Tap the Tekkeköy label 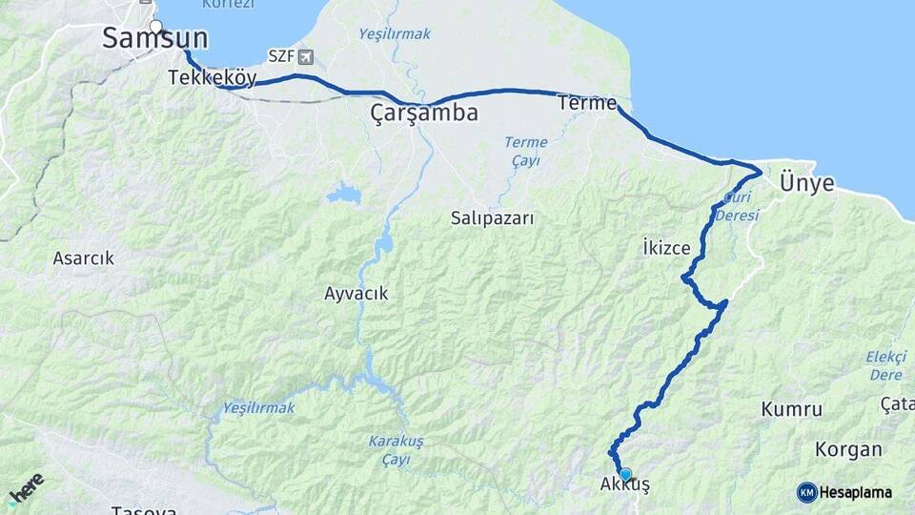tap(212, 78)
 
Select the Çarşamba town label tap(423, 114)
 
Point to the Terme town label tap(587, 103)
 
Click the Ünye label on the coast tap(806, 183)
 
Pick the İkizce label tap(666, 248)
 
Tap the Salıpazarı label tap(493, 218)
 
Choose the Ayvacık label tap(356, 294)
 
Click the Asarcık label tap(84, 257)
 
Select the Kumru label tap(791, 409)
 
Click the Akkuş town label tap(625, 486)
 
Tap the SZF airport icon tap(304, 57)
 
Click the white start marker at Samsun tap(156, 27)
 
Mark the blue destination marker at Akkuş tap(625, 474)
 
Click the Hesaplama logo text tap(855, 492)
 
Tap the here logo tap(26, 488)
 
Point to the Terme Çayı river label tap(525, 151)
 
